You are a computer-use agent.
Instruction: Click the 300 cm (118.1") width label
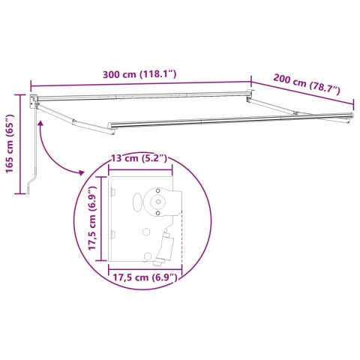tap(141, 75)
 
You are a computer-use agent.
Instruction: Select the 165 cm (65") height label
tap(10, 154)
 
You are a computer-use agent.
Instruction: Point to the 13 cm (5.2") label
tap(138, 159)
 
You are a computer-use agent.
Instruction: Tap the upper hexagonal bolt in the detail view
tap(160, 214)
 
